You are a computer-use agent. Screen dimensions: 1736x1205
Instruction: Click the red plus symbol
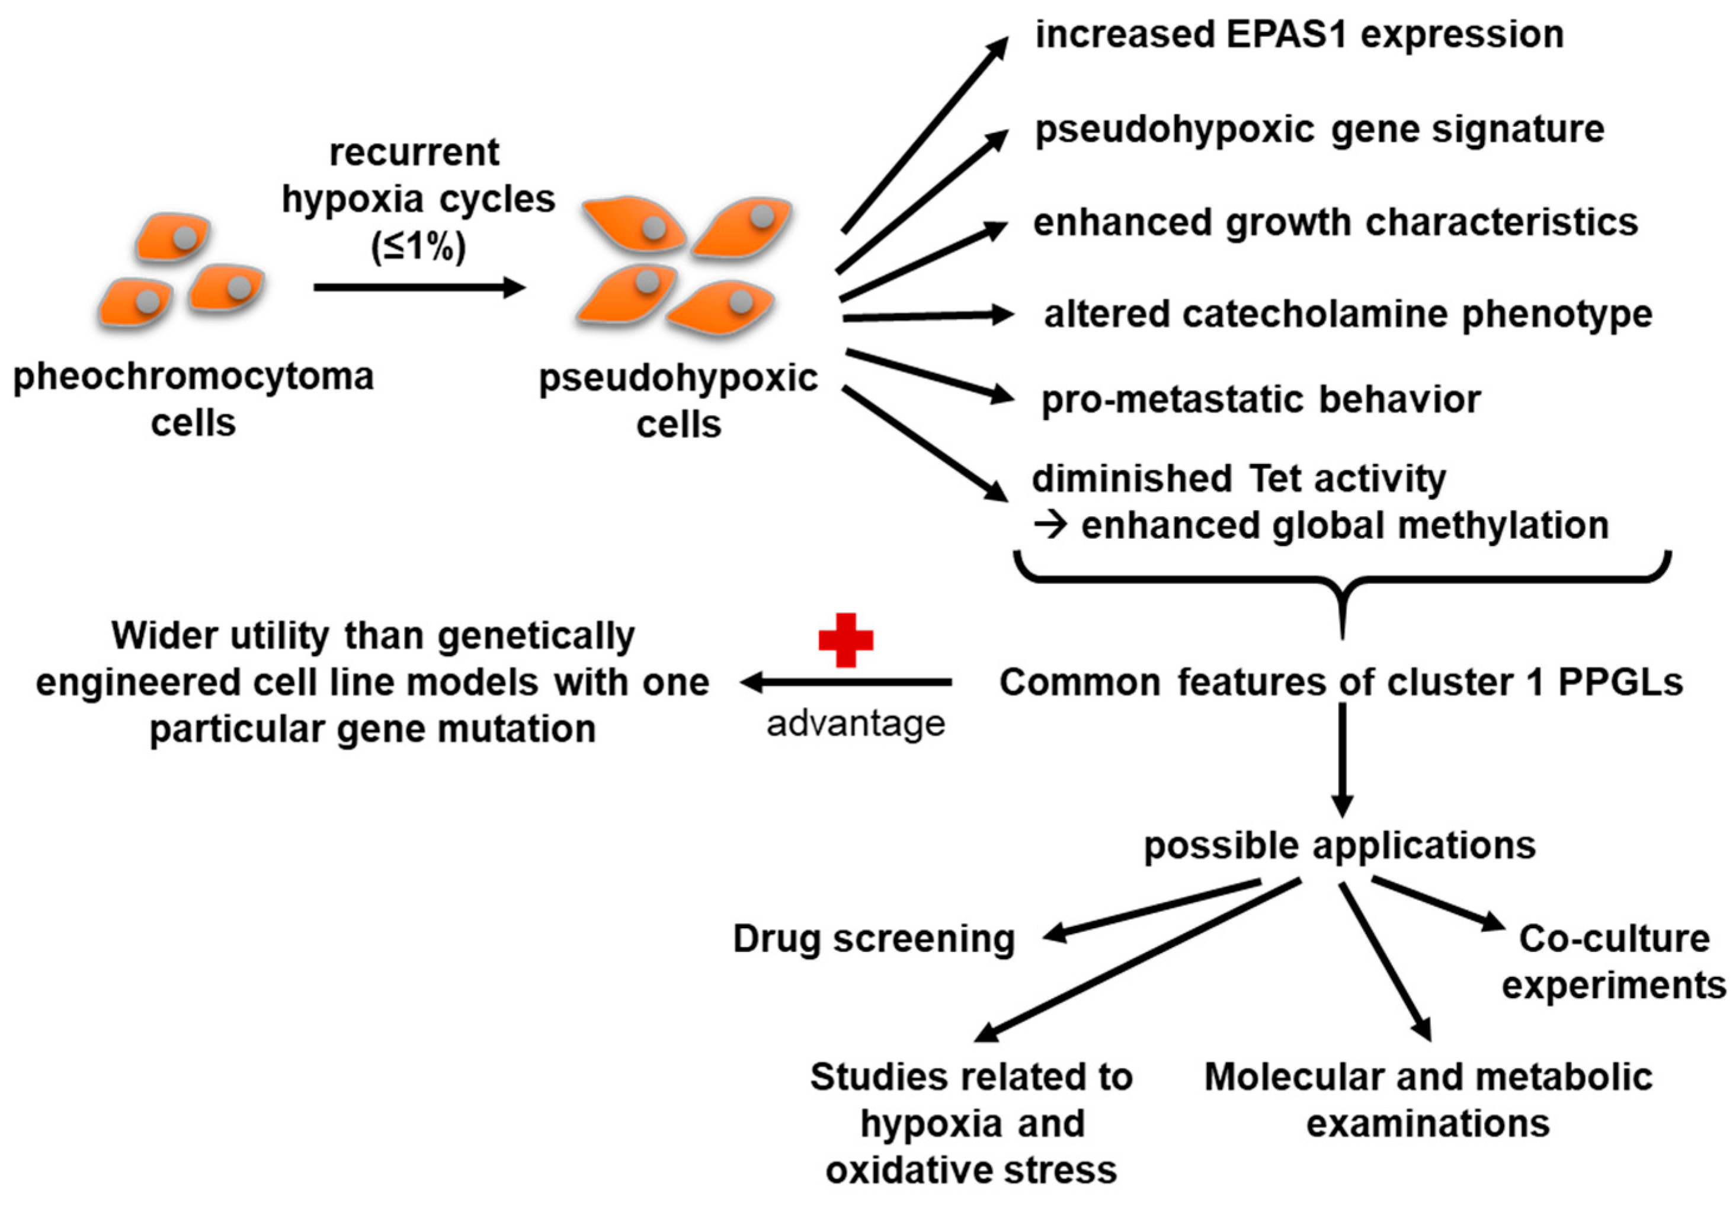click(845, 640)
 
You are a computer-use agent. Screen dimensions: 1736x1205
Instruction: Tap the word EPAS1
click(1287, 35)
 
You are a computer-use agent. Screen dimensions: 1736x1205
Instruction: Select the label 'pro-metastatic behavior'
click(1260, 399)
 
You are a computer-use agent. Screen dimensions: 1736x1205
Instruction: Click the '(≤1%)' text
click(418, 246)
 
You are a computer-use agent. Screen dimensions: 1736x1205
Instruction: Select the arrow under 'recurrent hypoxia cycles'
click(419, 287)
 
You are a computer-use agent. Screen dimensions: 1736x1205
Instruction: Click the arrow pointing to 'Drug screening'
click(1152, 910)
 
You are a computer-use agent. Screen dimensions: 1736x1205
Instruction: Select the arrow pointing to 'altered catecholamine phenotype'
click(928, 317)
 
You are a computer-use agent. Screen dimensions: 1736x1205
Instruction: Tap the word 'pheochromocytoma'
click(193, 376)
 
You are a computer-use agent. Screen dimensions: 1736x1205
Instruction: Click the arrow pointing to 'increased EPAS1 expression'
click(925, 135)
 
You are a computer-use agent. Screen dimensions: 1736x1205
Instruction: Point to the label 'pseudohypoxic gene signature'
click(1319, 129)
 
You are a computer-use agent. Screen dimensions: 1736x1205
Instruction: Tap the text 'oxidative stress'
click(972, 1169)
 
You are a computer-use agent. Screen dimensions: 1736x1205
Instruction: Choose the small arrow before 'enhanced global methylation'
click(1050, 526)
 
